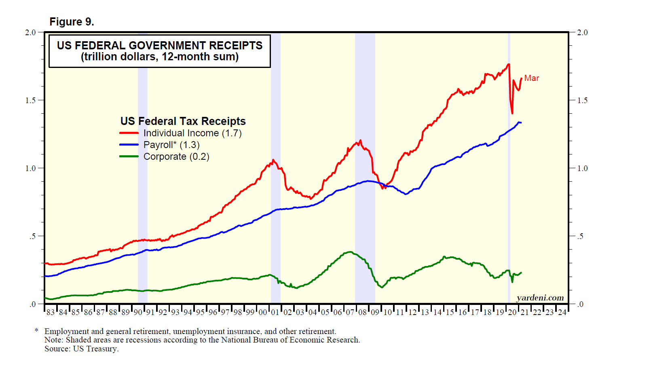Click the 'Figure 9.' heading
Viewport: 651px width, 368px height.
[72, 22]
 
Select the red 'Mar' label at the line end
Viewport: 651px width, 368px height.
[531, 78]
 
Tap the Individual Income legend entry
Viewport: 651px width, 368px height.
[192, 133]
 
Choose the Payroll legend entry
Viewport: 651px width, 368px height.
[171, 145]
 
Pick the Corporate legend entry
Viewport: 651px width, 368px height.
[176, 157]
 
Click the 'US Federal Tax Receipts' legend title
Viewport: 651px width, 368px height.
[183, 121]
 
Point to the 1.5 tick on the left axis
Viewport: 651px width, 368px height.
[31, 100]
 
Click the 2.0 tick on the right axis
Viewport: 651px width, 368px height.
[582, 32]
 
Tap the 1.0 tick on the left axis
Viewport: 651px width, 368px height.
[31, 168]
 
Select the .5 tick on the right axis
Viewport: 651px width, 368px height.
[580, 236]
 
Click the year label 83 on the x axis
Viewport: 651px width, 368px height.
[51, 313]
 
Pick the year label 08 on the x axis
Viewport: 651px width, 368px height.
[363, 313]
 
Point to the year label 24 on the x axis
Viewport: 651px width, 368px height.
[562, 313]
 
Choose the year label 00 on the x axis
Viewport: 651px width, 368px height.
[263, 313]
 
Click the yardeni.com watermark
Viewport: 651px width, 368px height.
[540, 298]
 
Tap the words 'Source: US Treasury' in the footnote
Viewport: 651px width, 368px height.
[81, 349]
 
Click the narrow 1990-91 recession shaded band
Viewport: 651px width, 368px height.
[142, 182]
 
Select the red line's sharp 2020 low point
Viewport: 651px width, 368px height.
[512, 114]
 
